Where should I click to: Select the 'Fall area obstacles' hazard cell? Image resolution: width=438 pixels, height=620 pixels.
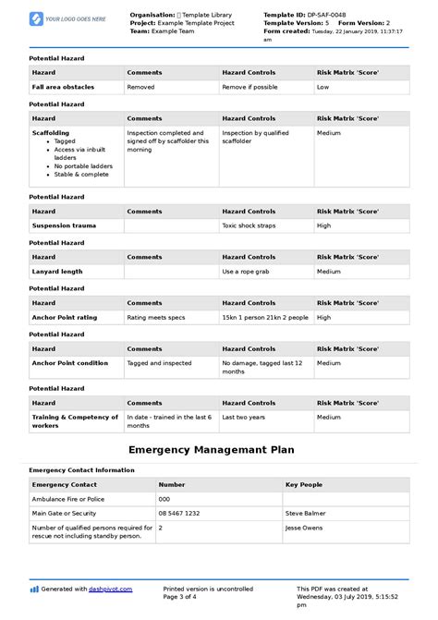tap(63, 87)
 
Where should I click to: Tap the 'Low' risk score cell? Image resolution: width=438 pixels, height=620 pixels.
tap(323, 87)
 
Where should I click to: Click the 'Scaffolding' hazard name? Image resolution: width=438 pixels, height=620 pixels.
tap(50, 132)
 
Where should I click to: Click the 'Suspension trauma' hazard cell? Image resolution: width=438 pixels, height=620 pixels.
tap(64, 225)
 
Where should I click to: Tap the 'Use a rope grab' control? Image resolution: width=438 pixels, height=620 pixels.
tap(247, 272)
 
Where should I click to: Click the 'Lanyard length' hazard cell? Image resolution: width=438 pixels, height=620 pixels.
tap(57, 272)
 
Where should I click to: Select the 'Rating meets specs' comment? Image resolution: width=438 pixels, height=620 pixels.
tap(155, 317)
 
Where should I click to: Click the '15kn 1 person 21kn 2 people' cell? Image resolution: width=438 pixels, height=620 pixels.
tap(264, 317)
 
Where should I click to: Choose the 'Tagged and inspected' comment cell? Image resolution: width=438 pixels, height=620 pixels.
tap(160, 363)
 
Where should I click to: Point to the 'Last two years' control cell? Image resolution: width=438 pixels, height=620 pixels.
tap(244, 418)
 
